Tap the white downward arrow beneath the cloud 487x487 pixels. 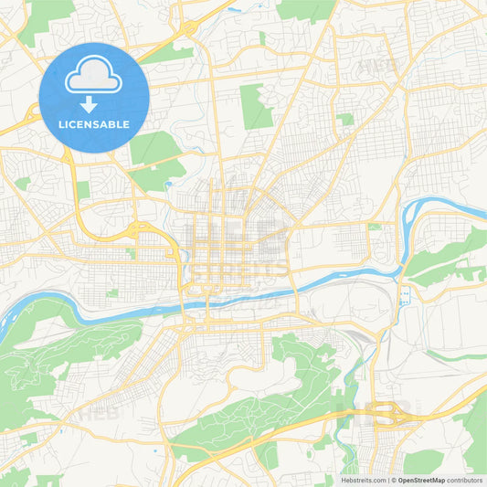tap(94, 104)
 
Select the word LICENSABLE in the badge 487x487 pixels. tap(94, 124)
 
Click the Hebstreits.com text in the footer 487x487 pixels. tap(364, 480)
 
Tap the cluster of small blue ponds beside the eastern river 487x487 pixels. tap(403, 294)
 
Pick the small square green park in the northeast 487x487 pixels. tap(345, 119)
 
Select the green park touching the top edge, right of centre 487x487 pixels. tap(306, 9)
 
